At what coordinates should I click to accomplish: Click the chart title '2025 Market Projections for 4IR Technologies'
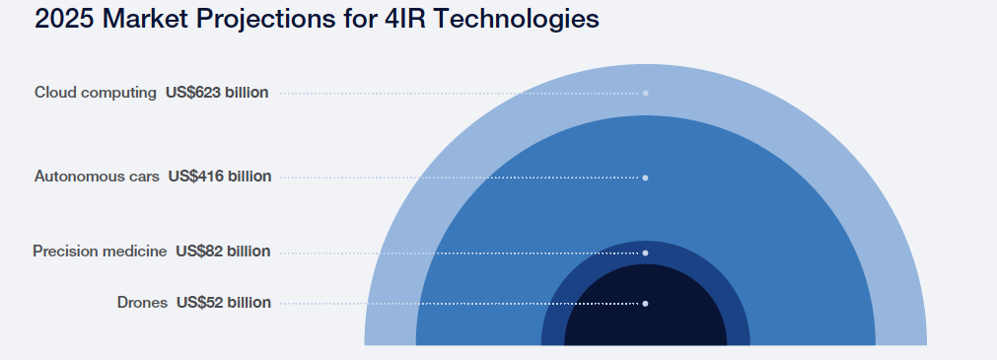(x=317, y=19)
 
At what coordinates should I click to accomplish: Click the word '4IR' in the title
(x=405, y=19)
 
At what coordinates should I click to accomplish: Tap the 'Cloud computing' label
(x=96, y=93)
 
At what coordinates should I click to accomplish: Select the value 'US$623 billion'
(x=217, y=93)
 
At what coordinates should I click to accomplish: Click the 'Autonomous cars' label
(x=97, y=177)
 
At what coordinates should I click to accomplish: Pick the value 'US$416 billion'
(x=219, y=177)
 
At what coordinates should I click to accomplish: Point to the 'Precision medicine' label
(x=100, y=252)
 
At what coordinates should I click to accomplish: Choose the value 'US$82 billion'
(x=223, y=252)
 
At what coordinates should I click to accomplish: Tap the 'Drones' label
(x=142, y=302)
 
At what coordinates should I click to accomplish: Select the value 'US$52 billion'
(x=224, y=302)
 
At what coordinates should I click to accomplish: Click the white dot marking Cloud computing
(x=645, y=94)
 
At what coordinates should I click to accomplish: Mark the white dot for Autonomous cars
(x=645, y=178)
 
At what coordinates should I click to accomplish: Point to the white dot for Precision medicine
(x=645, y=253)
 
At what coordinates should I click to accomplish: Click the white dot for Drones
(x=645, y=304)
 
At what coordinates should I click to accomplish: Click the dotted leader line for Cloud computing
(x=460, y=94)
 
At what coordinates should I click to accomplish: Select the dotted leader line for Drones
(x=460, y=304)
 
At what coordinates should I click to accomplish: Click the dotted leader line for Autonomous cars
(x=460, y=178)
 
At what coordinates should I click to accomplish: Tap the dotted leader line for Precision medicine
(x=460, y=253)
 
